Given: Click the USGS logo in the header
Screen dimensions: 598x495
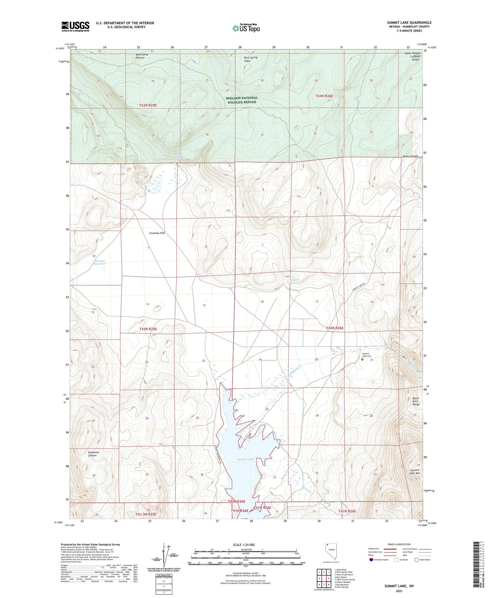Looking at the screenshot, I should (x=75, y=26).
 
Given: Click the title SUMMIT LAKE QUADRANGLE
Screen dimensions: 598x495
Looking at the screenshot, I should (x=409, y=23).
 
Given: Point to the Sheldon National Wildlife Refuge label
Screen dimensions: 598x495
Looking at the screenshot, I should (x=242, y=100).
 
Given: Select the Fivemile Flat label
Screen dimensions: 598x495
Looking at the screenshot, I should (x=157, y=233).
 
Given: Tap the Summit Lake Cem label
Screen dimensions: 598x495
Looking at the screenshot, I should (x=366, y=355).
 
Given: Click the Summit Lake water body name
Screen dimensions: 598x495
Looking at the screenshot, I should (x=246, y=459).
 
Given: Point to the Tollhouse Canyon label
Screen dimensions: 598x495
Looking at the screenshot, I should (x=93, y=454).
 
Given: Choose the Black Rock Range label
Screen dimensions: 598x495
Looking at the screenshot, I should (x=416, y=401).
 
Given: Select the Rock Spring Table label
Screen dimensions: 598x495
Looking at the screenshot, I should (x=250, y=59).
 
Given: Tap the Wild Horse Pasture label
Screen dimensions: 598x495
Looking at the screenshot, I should (x=142, y=56).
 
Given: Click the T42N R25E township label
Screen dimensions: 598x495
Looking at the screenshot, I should (x=148, y=329).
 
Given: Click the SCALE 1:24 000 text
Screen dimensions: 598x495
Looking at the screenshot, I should (x=244, y=545).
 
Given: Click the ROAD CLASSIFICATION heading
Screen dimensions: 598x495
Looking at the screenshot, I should (x=399, y=544).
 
